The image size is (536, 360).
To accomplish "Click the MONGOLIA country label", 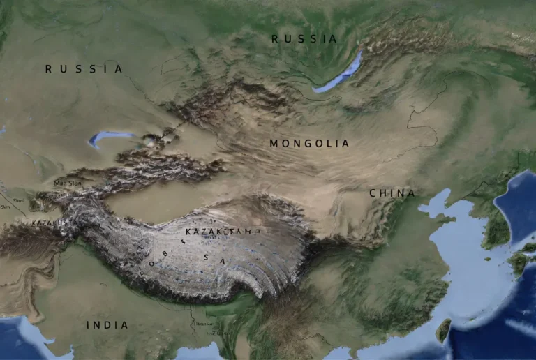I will click(309, 144).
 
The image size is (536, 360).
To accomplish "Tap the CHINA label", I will click(392, 193).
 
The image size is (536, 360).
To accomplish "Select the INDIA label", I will click(107, 325).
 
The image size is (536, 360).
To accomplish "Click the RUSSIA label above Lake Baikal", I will click(304, 39).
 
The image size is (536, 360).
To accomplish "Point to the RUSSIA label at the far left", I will click(84, 69).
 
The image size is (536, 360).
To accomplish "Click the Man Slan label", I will click(68, 183).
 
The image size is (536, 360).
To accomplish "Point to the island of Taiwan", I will click(443, 329).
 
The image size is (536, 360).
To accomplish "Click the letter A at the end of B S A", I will click(223, 260).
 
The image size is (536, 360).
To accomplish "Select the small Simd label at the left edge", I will click(19, 200).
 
